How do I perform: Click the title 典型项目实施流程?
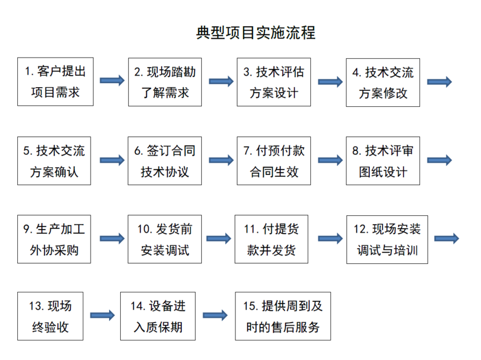click(256, 33)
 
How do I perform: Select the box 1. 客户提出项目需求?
click(55, 82)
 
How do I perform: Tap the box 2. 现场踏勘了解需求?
click(164, 82)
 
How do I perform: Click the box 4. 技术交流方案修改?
click(383, 82)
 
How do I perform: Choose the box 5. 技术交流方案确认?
click(55, 161)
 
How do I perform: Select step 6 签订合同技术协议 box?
click(164, 161)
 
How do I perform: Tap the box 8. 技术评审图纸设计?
click(383, 161)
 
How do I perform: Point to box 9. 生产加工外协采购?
click(55, 239)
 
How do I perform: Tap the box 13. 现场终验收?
click(50, 316)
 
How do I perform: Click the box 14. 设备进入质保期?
click(158, 316)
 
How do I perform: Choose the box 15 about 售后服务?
click(283, 316)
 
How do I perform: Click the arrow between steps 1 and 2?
click(112, 80)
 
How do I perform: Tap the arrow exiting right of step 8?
click(439, 160)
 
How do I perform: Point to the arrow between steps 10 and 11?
click(218, 239)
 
